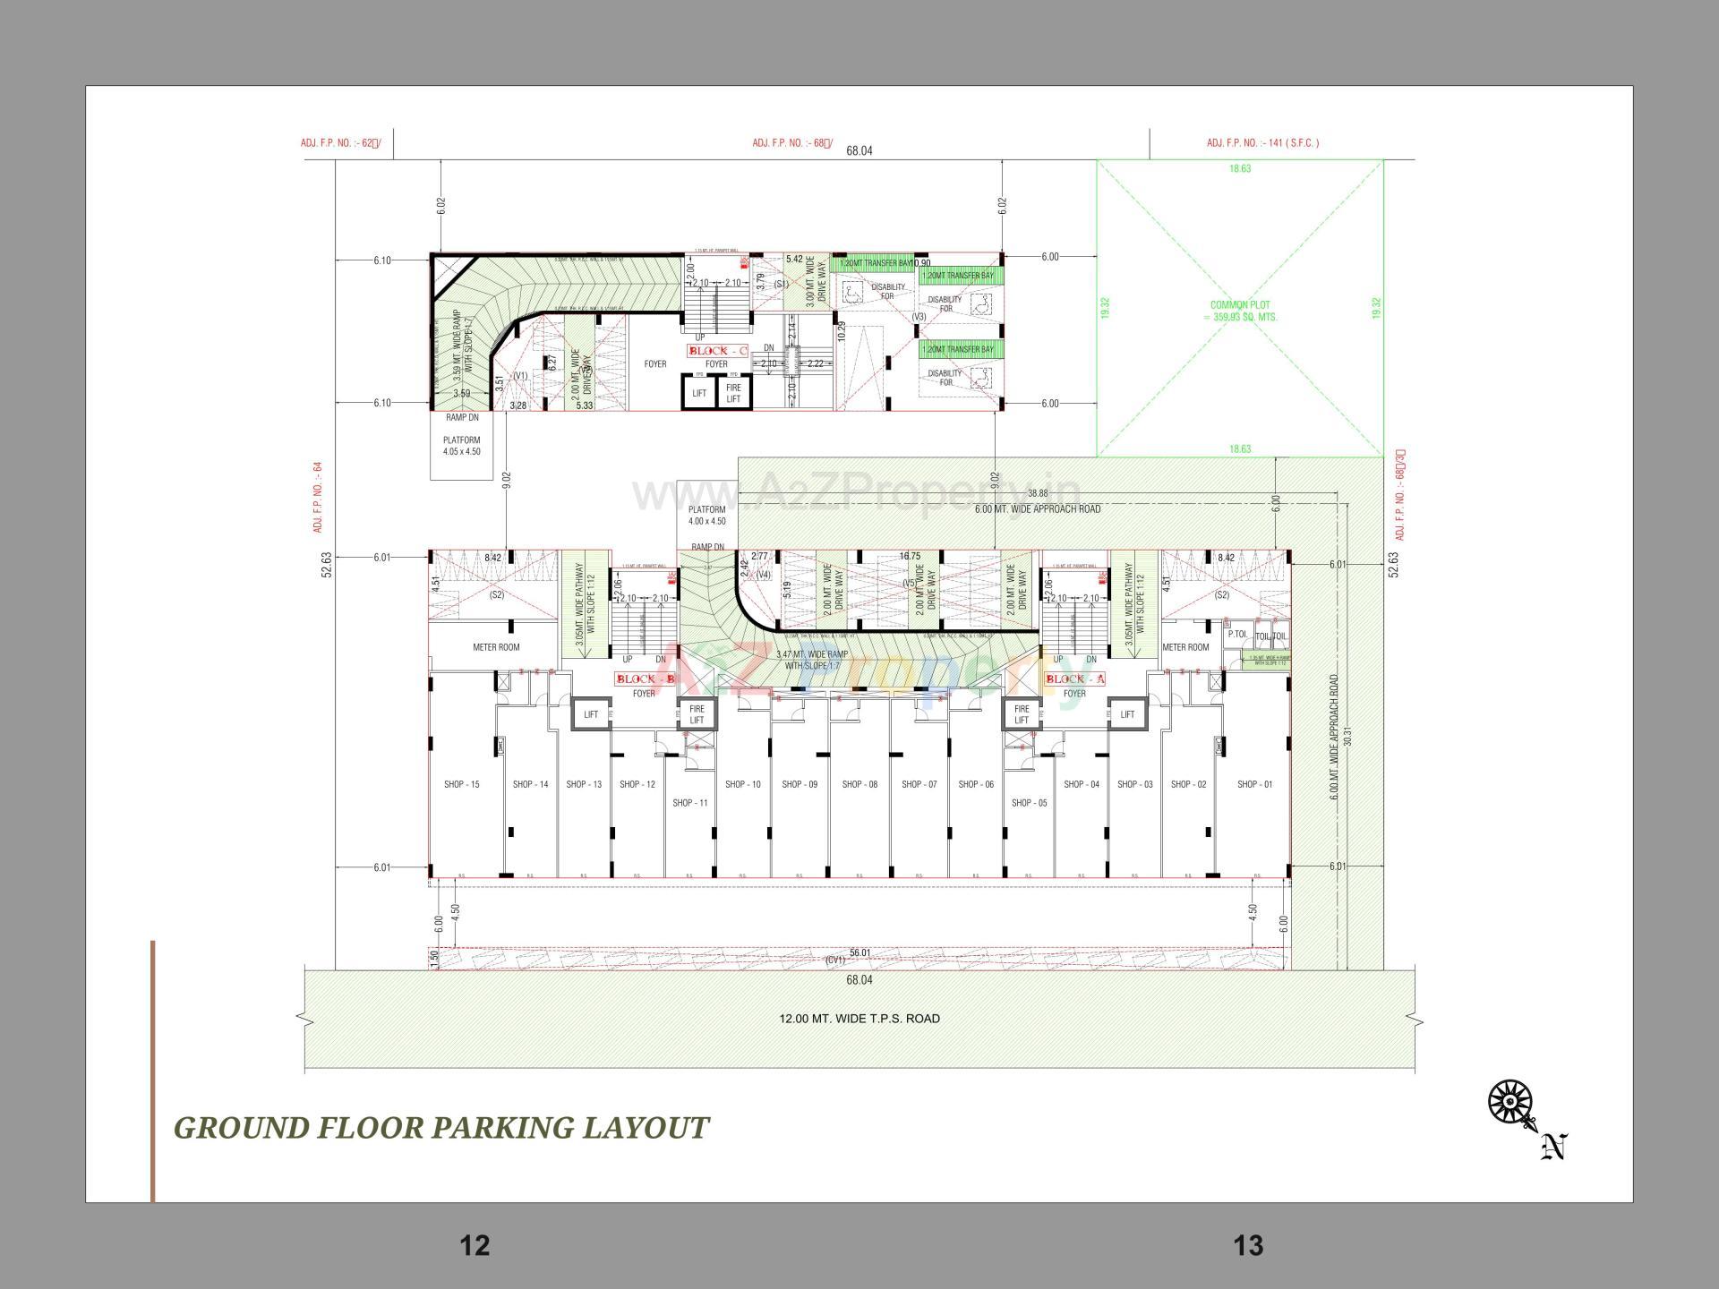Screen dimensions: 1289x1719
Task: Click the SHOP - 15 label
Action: point(461,784)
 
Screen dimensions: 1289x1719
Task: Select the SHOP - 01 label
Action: point(1254,784)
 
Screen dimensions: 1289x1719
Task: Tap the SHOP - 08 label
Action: point(859,784)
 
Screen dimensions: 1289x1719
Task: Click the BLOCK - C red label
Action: point(717,351)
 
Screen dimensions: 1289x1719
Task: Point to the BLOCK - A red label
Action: point(1075,679)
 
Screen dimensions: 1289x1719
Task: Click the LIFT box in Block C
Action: point(699,393)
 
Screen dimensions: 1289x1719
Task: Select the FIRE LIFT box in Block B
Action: point(697,714)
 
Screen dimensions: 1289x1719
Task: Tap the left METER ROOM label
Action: point(496,647)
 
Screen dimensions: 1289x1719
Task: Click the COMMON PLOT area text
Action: point(1240,311)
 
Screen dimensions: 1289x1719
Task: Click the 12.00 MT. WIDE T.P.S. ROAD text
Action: point(859,1019)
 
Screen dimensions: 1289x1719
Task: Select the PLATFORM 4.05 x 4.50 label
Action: point(461,446)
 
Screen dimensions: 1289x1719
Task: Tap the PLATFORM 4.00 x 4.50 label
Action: point(706,515)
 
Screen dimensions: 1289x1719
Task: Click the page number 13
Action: point(1248,1245)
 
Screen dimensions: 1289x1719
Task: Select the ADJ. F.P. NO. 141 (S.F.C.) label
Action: point(1262,143)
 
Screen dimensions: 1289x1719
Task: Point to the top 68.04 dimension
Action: point(859,151)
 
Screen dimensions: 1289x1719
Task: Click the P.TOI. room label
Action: point(1237,634)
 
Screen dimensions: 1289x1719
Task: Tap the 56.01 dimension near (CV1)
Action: point(859,952)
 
